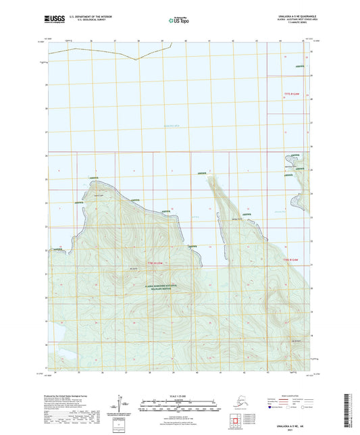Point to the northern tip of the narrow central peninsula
pyautogui.click(x=211, y=177)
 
